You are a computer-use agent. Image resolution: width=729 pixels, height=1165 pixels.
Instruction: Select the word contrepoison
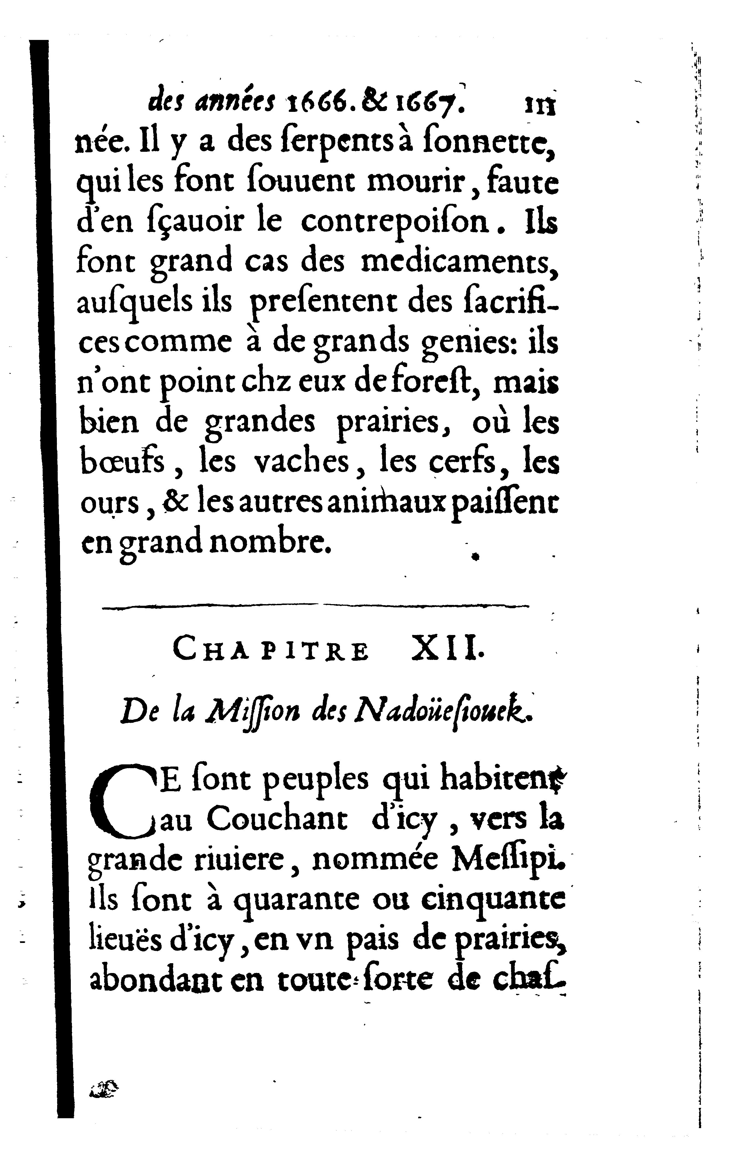tap(395, 223)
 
